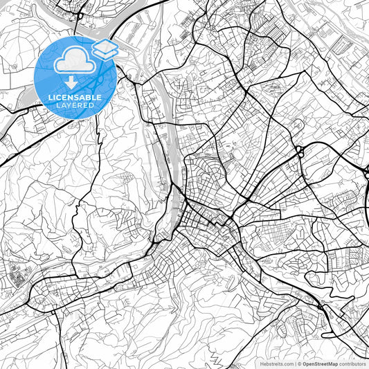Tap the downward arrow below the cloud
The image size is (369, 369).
coord(71,82)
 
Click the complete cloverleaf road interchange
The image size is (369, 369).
coord(300,151)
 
